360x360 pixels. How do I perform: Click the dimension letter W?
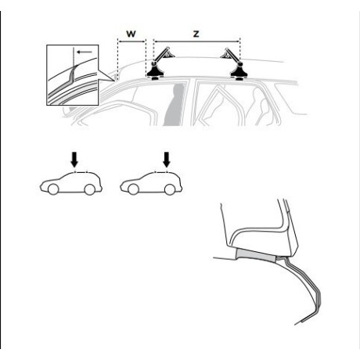click(x=131, y=34)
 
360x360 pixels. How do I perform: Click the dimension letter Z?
click(x=196, y=34)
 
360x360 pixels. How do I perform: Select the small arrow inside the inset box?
click(x=85, y=52)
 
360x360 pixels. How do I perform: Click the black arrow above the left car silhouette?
click(x=74, y=160)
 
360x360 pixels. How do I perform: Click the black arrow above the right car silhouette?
click(x=167, y=160)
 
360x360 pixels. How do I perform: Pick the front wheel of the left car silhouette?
click(x=53, y=189)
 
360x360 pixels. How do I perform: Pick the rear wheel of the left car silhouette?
click(x=90, y=189)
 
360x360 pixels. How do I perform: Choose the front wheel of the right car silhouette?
click(x=133, y=189)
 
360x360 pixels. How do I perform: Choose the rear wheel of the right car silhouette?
click(x=170, y=189)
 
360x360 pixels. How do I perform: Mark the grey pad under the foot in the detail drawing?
click(x=256, y=255)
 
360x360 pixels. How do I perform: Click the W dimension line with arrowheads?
click(x=131, y=41)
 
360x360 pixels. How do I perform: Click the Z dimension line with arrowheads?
click(x=196, y=41)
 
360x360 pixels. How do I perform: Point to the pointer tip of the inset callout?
click(x=114, y=81)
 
